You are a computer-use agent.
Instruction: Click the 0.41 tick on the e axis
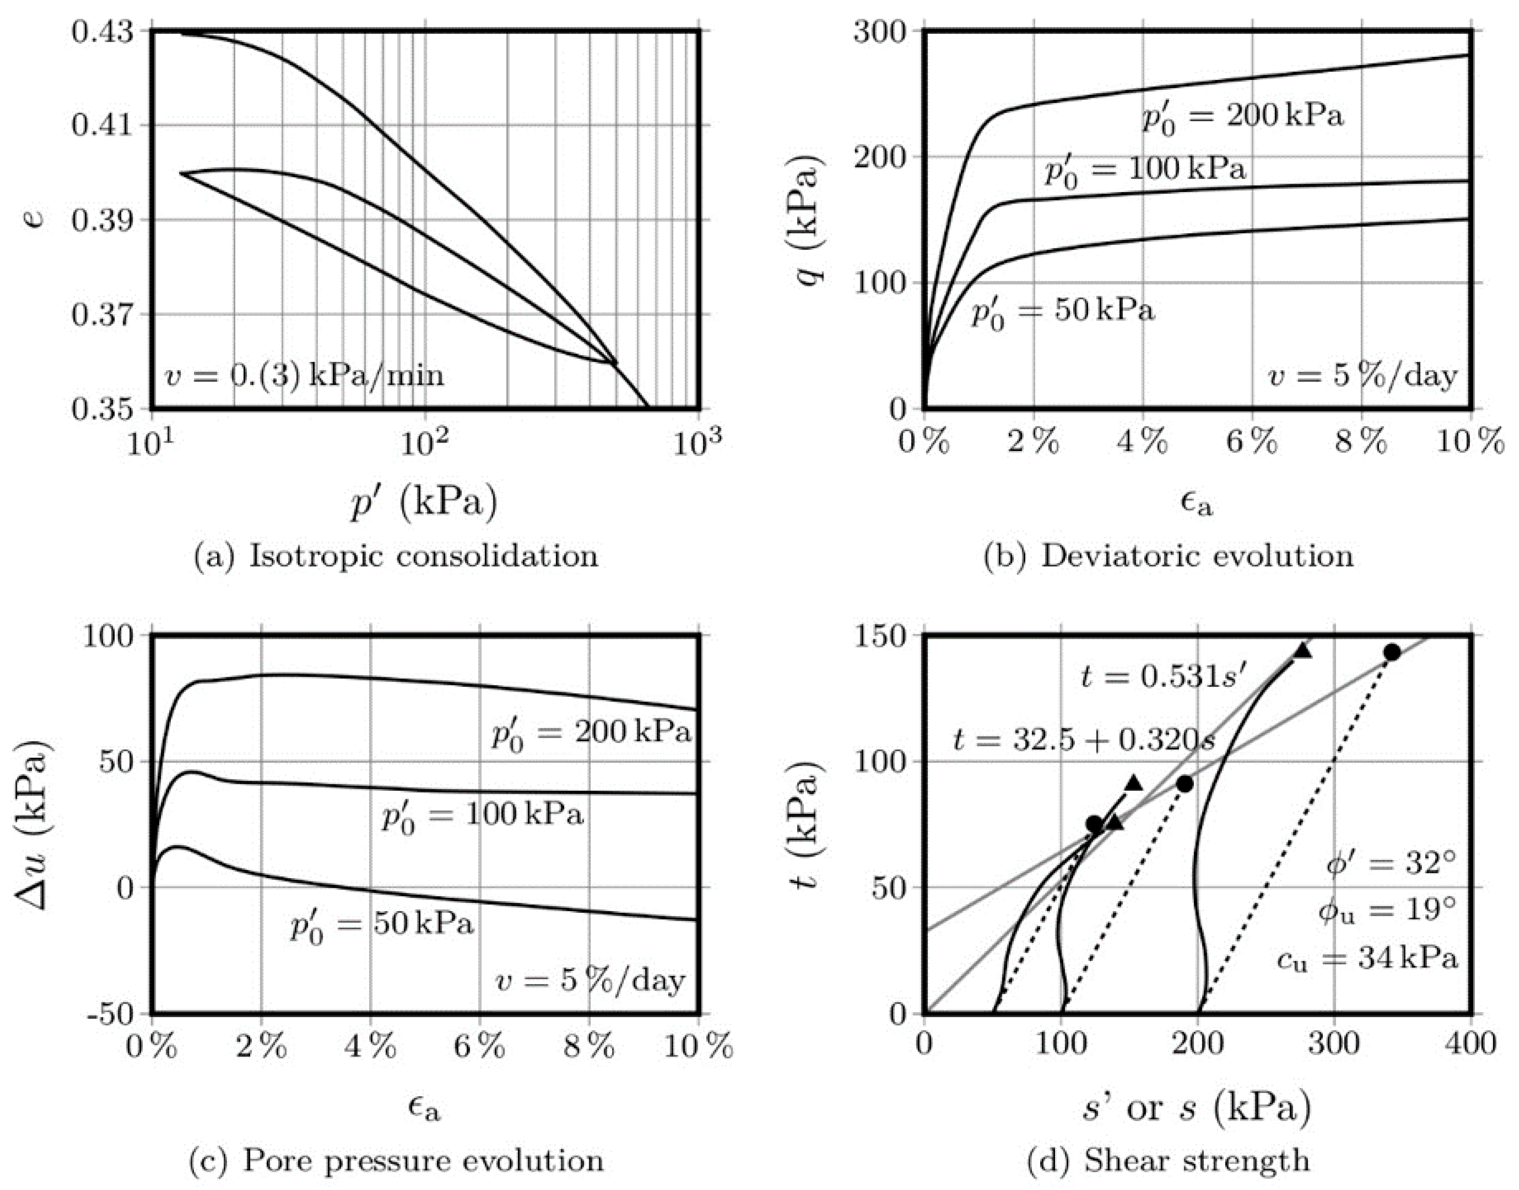pyautogui.click(x=103, y=126)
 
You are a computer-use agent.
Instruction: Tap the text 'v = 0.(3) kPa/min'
pyautogui.click(x=305, y=375)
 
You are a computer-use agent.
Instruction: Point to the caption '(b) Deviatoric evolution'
pyautogui.click(x=1169, y=556)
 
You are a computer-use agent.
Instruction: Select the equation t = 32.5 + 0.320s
pyautogui.click(x=1084, y=740)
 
